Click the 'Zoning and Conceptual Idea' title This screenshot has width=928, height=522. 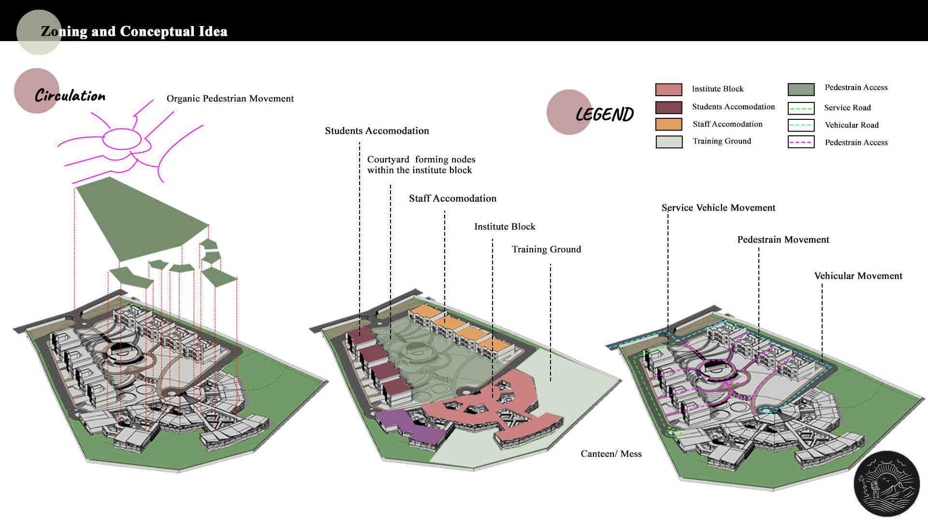(134, 31)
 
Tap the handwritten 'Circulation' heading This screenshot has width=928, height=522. (70, 96)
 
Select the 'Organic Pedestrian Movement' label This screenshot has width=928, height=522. (230, 99)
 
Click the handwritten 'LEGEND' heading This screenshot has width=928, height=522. (605, 115)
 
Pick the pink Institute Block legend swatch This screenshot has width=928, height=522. (668, 89)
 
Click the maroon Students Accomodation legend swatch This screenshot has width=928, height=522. (668, 107)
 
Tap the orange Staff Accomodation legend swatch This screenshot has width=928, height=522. (668, 124)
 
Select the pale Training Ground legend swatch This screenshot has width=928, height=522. (669, 142)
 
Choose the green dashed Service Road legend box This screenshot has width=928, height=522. (801, 108)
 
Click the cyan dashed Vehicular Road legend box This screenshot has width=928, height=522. (801, 125)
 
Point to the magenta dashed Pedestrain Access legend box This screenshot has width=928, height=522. (801, 142)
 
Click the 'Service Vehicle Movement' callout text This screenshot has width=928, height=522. (718, 208)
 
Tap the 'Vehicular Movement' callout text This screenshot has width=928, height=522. (858, 276)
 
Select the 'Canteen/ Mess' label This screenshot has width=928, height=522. (611, 454)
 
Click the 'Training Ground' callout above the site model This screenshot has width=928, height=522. (546, 249)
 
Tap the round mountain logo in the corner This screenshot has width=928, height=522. (886, 484)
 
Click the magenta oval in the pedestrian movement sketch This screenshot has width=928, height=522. (122, 139)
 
